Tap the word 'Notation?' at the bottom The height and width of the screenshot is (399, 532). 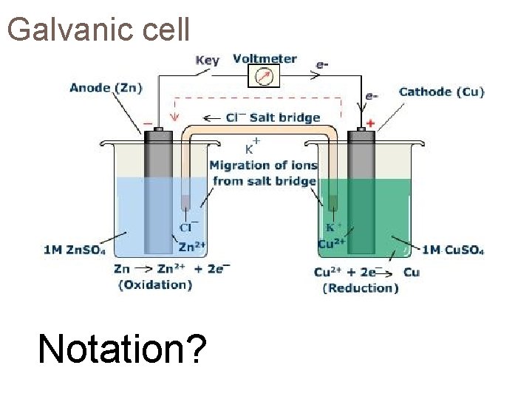tap(122, 348)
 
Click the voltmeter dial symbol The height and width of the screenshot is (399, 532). tap(262, 76)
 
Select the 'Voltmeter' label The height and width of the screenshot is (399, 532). tap(265, 58)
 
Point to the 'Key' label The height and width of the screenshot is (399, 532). tap(207, 61)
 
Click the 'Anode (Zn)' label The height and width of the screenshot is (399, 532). tap(106, 88)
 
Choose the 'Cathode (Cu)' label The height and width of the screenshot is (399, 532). tap(441, 92)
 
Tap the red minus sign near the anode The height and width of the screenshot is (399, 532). tap(147, 123)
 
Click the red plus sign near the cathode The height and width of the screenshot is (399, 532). tap(370, 123)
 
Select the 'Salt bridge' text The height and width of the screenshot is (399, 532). tap(284, 117)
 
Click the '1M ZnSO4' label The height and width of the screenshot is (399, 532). tap(75, 250)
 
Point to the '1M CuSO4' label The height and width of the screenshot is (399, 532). tap(453, 250)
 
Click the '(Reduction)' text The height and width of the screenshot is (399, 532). tap(360, 288)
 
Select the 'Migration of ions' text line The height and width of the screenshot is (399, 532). tap(263, 166)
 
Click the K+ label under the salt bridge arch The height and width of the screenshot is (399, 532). tap(252, 146)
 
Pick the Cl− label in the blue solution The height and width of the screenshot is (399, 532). tap(188, 227)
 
